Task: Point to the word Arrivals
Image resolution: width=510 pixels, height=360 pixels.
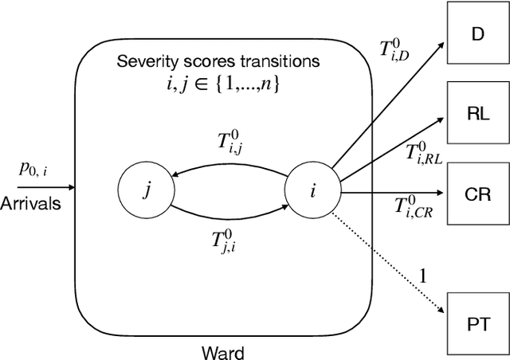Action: point(31,204)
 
